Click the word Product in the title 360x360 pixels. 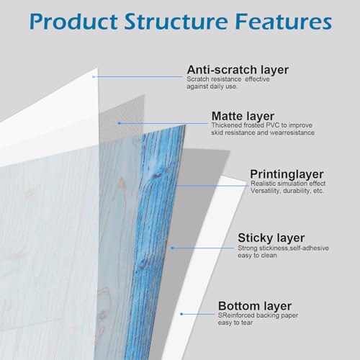73,22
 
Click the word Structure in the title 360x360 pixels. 176,21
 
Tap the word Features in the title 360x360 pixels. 284,21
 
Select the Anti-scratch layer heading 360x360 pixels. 238,70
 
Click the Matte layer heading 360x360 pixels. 243,117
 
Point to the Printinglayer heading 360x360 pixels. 287,174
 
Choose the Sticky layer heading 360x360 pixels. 271,238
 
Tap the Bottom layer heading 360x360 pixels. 255,306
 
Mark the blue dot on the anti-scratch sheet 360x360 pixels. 94,77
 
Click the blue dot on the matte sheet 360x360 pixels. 120,123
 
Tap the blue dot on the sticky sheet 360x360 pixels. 172,248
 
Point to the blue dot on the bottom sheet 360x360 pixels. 181,314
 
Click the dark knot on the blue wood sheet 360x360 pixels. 156,176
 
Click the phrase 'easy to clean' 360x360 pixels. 257,256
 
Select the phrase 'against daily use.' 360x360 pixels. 212,86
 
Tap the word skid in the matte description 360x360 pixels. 217,132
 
